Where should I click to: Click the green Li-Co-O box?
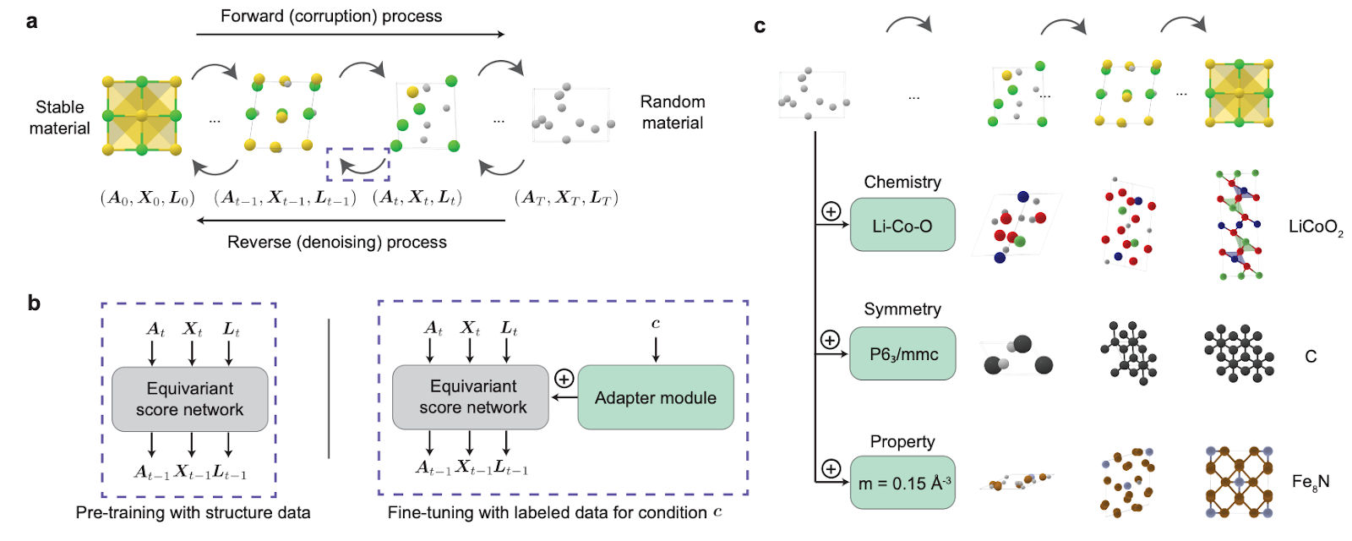(902, 225)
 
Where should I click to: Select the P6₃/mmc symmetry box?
(902, 353)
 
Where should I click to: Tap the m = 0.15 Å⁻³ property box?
(902, 483)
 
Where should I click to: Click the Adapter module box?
(656, 397)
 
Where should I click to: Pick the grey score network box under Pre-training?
(189, 399)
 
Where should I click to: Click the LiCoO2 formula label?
(1316, 227)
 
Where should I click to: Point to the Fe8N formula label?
(1311, 482)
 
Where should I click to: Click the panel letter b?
(34, 303)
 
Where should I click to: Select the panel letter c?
(760, 26)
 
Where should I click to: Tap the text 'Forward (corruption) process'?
(331, 16)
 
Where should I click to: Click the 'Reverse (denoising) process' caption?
(337, 242)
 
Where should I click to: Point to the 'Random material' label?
(673, 112)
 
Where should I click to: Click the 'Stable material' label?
(59, 117)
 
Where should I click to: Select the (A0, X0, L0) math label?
(147, 198)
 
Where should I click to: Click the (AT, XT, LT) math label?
(566, 198)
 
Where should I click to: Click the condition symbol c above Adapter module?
(656, 324)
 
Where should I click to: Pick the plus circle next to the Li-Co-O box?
(831, 211)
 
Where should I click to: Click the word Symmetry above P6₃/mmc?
(902, 309)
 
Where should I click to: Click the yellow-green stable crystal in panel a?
(142, 115)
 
